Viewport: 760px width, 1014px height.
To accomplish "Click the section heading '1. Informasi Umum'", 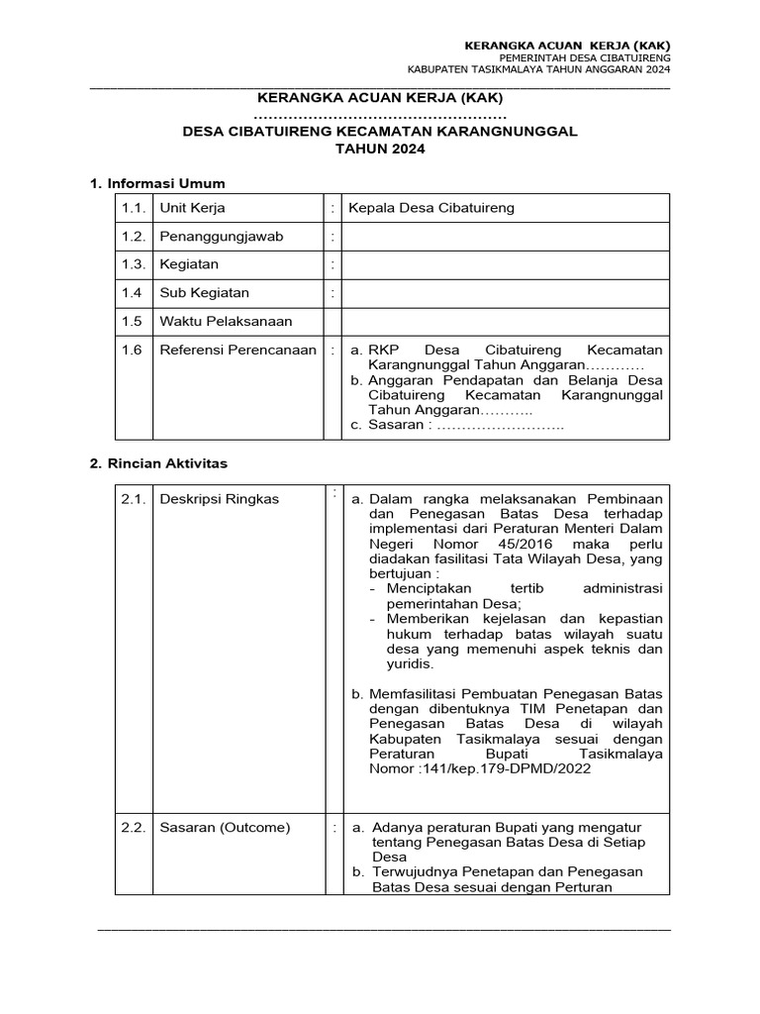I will [x=157, y=183].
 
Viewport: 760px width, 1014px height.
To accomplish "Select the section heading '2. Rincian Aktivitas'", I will [x=158, y=462].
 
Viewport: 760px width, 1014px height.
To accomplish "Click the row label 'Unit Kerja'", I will [x=192, y=208].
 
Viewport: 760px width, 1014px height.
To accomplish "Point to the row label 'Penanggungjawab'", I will [x=215, y=237].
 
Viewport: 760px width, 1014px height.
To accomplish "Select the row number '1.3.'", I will [x=134, y=264].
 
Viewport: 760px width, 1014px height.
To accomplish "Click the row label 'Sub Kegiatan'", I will [x=204, y=293].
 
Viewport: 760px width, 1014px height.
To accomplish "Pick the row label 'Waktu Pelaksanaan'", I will [x=226, y=321].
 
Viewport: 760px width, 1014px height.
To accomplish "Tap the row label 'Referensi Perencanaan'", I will [x=237, y=350].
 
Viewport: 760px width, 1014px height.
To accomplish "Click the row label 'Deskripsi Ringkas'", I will [x=219, y=499].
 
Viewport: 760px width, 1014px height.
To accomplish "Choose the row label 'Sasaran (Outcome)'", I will [x=225, y=827].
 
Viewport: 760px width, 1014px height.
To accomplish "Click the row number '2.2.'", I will [x=134, y=827].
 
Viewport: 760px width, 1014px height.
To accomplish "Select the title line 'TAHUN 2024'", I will [x=380, y=149].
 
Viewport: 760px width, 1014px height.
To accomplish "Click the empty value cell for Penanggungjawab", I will [x=505, y=237].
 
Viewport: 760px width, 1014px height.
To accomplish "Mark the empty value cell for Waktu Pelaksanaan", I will [x=505, y=321].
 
